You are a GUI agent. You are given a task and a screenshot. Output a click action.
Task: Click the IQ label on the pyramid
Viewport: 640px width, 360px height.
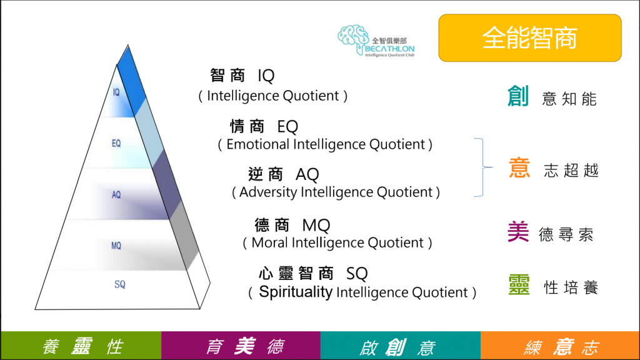pyautogui.click(x=116, y=92)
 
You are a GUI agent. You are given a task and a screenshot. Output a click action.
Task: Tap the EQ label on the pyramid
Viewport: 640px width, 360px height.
pyautogui.click(x=116, y=143)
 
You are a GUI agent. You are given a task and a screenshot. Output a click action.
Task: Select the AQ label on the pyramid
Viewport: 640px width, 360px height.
pyautogui.click(x=116, y=194)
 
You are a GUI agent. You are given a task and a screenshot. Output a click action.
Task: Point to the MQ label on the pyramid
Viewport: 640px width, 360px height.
pyautogui.click(x=116, y=246)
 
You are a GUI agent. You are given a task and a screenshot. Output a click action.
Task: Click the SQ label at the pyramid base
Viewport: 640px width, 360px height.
pyautogui.click(x=120, y=284)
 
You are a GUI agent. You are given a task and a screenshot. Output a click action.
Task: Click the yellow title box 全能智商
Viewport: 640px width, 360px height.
pyautogui.click(x=529, y=38)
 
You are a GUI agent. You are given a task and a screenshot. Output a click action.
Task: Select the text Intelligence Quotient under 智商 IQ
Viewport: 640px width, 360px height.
pyautogui.click(x=273, y=96)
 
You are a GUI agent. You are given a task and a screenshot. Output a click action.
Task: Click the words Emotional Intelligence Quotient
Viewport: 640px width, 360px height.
pyautogui.click(x=325, y=144)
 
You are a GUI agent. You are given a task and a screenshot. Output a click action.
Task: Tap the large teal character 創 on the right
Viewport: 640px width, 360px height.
pyautogui.click(x=519, y=97)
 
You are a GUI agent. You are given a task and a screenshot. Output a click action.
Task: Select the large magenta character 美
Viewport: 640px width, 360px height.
pyautogui.click(x=519, y=232)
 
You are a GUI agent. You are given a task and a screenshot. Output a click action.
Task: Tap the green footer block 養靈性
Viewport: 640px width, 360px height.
pyautogui.click(x=81, y=346)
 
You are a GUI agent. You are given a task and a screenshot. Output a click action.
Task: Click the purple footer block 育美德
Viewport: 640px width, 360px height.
pyautogui.click(x=241, y=346)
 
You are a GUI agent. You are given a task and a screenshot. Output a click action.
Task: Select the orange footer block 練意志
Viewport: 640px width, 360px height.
pyautogui.click(x=560, y=346)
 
